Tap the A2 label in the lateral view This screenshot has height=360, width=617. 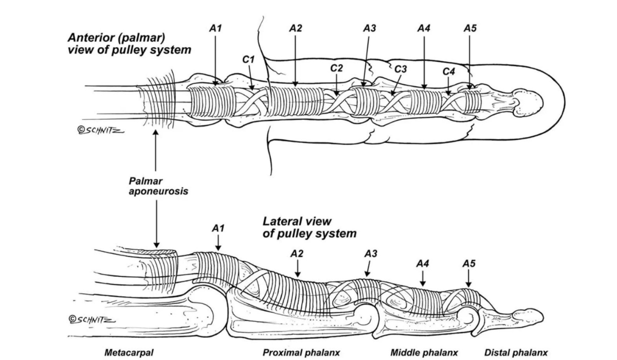tap(297, 254)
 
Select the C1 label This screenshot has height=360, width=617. tap(248, 60)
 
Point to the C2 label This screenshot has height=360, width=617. tap(336, 68)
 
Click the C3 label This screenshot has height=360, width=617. tap(401, 68)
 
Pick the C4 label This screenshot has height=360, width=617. tap(449, 71)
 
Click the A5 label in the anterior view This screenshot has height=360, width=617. tap(469, 29)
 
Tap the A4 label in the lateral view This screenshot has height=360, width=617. tap(423, 263)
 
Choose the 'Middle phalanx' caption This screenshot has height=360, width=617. tap(424, 353)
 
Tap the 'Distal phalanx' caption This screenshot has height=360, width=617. tap(516, 353)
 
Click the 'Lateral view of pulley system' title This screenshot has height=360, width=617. tap(309, 227)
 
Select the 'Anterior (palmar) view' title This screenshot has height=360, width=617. tap(130, 44)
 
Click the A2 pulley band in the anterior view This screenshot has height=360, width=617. tap(296, 100)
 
